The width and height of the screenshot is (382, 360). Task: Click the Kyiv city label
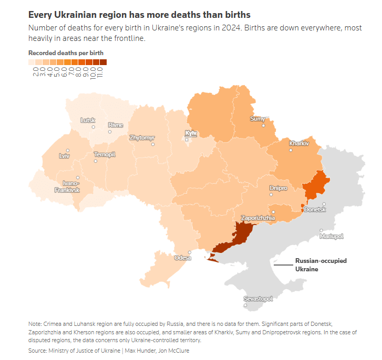pos(191,133)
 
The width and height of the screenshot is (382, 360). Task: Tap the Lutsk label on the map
pos(88,120)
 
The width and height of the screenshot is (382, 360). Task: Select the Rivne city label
pos(115,125)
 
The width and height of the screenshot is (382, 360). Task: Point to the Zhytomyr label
pos(142,137)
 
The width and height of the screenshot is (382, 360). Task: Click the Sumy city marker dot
pos(264,125)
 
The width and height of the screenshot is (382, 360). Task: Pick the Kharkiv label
pos(298,143)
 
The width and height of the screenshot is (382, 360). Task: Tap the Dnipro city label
pos(278,188)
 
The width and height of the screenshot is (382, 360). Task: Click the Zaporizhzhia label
pos(257,217)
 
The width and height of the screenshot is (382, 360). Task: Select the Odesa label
pos(183,258)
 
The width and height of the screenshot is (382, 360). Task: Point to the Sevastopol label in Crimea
pos(258,299)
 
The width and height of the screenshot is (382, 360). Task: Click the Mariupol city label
pos(331,237)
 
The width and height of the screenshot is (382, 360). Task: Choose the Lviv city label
pos(64,156)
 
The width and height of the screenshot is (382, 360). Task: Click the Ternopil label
pos(104,154)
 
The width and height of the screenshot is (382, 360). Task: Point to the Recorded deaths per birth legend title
pos(66,53)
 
